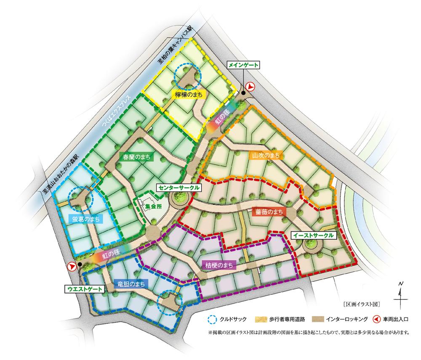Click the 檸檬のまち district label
coord(189,95)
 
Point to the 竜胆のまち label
coord(131,284)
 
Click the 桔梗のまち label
coord(219,265)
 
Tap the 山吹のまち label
coord(266,156)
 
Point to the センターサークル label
coord(177,187)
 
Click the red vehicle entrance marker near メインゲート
coord(250,86)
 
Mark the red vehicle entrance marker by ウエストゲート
coord(72,267)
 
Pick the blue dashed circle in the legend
coord(212,319)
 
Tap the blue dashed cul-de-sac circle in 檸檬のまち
coord(188,76)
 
